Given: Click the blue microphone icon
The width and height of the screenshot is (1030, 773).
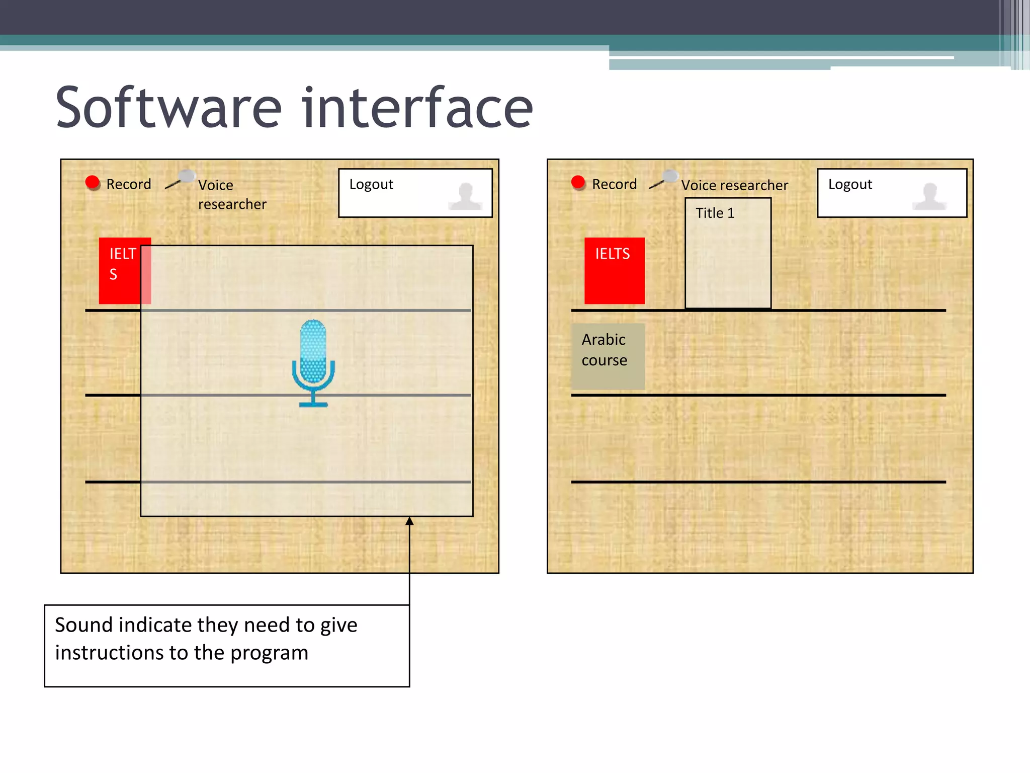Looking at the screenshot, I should [x=313, y=362].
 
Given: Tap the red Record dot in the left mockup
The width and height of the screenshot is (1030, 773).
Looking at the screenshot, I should [x=93, y=182].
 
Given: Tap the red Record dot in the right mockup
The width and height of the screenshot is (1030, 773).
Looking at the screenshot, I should [x=578, y=182].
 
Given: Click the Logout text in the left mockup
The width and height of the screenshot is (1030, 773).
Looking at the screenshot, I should [x=371, y=185].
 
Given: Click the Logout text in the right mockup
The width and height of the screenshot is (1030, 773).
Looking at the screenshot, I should [x=850, y=185].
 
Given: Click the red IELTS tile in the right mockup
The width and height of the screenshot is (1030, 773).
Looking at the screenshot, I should [x=614, y=271].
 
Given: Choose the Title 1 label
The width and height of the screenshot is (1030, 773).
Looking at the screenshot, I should [x=715, y=213].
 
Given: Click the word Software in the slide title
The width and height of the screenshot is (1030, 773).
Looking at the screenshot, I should [x=168, y=108].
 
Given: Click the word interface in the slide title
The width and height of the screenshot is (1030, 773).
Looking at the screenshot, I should [x=417, y=108].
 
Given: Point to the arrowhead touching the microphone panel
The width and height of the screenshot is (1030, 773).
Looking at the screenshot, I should [x=410, y=521].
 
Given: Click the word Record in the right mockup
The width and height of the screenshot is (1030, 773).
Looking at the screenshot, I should [x=614, y=184].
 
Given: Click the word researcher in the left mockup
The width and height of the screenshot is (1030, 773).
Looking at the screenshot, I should [x=232, y=204].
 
